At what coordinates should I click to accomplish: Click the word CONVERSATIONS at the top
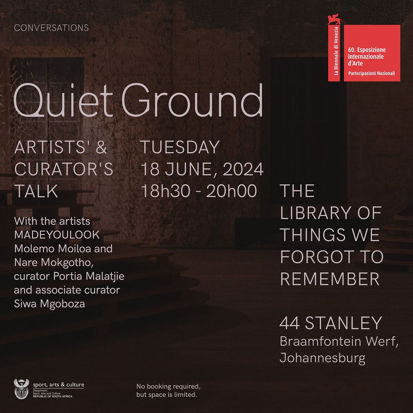tap(51, 28)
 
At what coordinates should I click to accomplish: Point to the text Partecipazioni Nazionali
tap(371, 73)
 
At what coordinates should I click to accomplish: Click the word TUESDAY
tap(180, 148)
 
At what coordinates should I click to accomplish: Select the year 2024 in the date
tap(243, 169)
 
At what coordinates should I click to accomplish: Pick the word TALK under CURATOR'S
tap(36, 191)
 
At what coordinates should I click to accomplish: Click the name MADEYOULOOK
tap(57, 235)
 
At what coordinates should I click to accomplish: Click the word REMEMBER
tap(330, 280)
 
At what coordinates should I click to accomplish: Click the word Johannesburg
tap(322, 358)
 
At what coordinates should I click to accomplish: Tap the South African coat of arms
tap(21, 389)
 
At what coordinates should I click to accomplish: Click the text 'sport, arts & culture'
tap(59, 385)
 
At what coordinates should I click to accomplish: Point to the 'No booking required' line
tap(168, 386)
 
